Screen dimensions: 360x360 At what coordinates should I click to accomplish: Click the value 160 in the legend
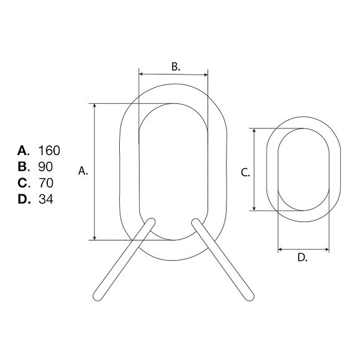[49, 151]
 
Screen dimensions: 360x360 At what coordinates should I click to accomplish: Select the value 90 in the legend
[45, 167]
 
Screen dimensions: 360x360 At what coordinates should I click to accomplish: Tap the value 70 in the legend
[46, 183]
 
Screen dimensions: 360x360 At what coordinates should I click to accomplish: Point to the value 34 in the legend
[46, 199]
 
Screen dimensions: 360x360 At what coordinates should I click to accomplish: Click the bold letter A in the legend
[22, 151]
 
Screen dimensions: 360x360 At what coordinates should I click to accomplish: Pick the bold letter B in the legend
[22, 167]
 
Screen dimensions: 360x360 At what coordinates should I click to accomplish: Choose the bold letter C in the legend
[22, 183]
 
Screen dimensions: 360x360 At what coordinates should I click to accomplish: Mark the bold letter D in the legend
[23, 199]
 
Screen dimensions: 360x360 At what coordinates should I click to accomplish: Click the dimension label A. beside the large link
[83, 171]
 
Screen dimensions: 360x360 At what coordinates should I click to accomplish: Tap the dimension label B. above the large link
[176, 66]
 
